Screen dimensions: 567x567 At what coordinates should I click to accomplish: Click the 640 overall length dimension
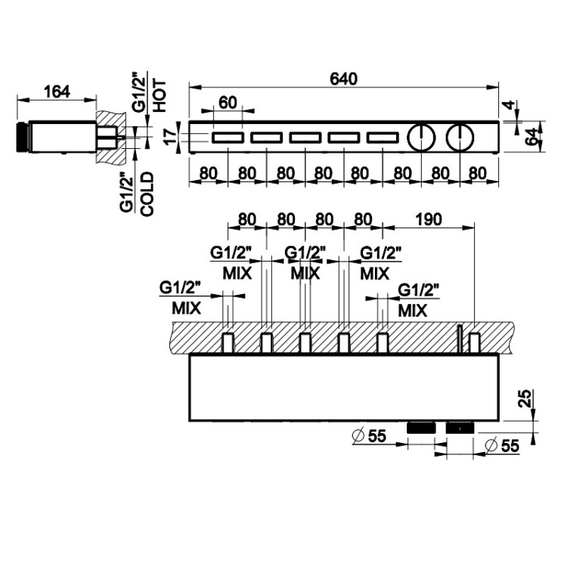tap(343, 79)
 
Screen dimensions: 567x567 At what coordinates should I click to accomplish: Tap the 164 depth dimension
tap(57, 91)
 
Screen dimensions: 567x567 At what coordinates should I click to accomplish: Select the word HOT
tap(159, 97)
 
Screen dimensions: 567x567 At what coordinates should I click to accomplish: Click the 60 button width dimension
tap(228, 103)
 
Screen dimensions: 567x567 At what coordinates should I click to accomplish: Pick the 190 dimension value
tap(428, 219)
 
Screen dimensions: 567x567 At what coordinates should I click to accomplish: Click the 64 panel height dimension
tap(533, 137)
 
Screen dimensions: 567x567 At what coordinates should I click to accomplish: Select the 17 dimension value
tap(169, 136)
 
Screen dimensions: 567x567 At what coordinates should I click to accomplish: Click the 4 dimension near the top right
tap(511, 104)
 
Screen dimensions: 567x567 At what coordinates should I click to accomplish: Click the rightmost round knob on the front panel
tap(459, 138)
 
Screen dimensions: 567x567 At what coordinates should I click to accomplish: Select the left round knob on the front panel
tap(420, 138)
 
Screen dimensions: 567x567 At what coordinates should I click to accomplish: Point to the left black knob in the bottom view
tap(422, 428)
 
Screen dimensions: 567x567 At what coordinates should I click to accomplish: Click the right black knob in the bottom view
tap(460, 428)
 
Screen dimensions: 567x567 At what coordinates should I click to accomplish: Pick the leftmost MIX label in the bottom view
tap(185, 308)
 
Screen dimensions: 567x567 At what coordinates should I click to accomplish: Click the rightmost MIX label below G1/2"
tap(413, 310)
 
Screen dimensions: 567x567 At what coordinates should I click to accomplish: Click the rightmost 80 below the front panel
tap(478, 172)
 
